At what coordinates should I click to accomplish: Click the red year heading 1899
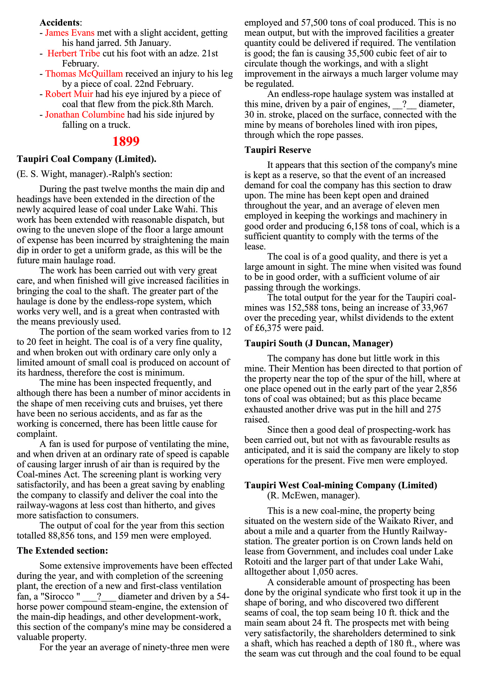(x=126, y=142)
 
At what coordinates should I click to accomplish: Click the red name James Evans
(x=70, y=33)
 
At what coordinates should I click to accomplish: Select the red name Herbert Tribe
(x=74, y=53)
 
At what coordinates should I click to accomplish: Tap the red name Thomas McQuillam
(x=84, y=74)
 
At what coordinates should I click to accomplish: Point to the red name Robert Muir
(x=69, y=94)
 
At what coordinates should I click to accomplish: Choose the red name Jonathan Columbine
(x=85, y=114)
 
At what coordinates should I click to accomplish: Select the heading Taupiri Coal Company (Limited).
(x=86, y=159)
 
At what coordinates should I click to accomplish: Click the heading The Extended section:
(x=62, y=551)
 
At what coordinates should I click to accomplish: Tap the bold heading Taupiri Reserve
(x=278, y=150)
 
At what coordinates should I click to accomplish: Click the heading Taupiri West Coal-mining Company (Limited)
(x=341, y=485)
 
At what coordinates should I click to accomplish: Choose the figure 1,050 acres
(x=334, y=572)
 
